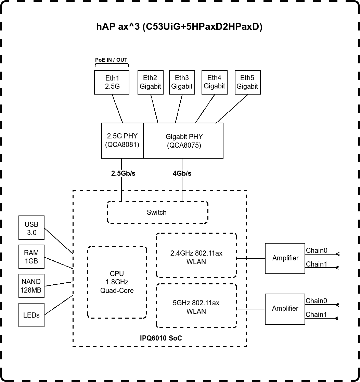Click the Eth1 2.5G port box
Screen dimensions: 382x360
(112, 82)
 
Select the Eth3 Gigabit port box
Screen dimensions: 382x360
(182, 82)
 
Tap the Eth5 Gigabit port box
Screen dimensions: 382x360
(247, 82)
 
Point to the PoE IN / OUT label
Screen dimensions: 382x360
(111, 60)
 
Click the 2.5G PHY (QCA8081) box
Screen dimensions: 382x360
(122, 140)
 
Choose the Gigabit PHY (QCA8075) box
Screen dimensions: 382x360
(183, 140)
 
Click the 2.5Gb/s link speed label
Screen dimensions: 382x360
(123, 173)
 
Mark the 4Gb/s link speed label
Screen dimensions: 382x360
(182, 173)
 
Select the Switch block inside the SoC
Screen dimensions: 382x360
(157, 212)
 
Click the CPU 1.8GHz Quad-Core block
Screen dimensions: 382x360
(117, 282)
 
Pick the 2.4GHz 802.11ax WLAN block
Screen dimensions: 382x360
(196, 257)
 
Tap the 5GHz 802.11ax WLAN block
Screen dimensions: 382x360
(196, 307)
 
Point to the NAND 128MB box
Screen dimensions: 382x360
(31, 286)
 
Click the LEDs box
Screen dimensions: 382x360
(31, 315)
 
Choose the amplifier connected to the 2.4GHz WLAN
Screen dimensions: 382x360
(285, 258)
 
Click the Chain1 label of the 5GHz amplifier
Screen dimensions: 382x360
(316, 315)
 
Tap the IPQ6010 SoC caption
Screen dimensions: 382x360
(161, 338)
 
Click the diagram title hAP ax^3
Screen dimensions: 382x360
(179, 27)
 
